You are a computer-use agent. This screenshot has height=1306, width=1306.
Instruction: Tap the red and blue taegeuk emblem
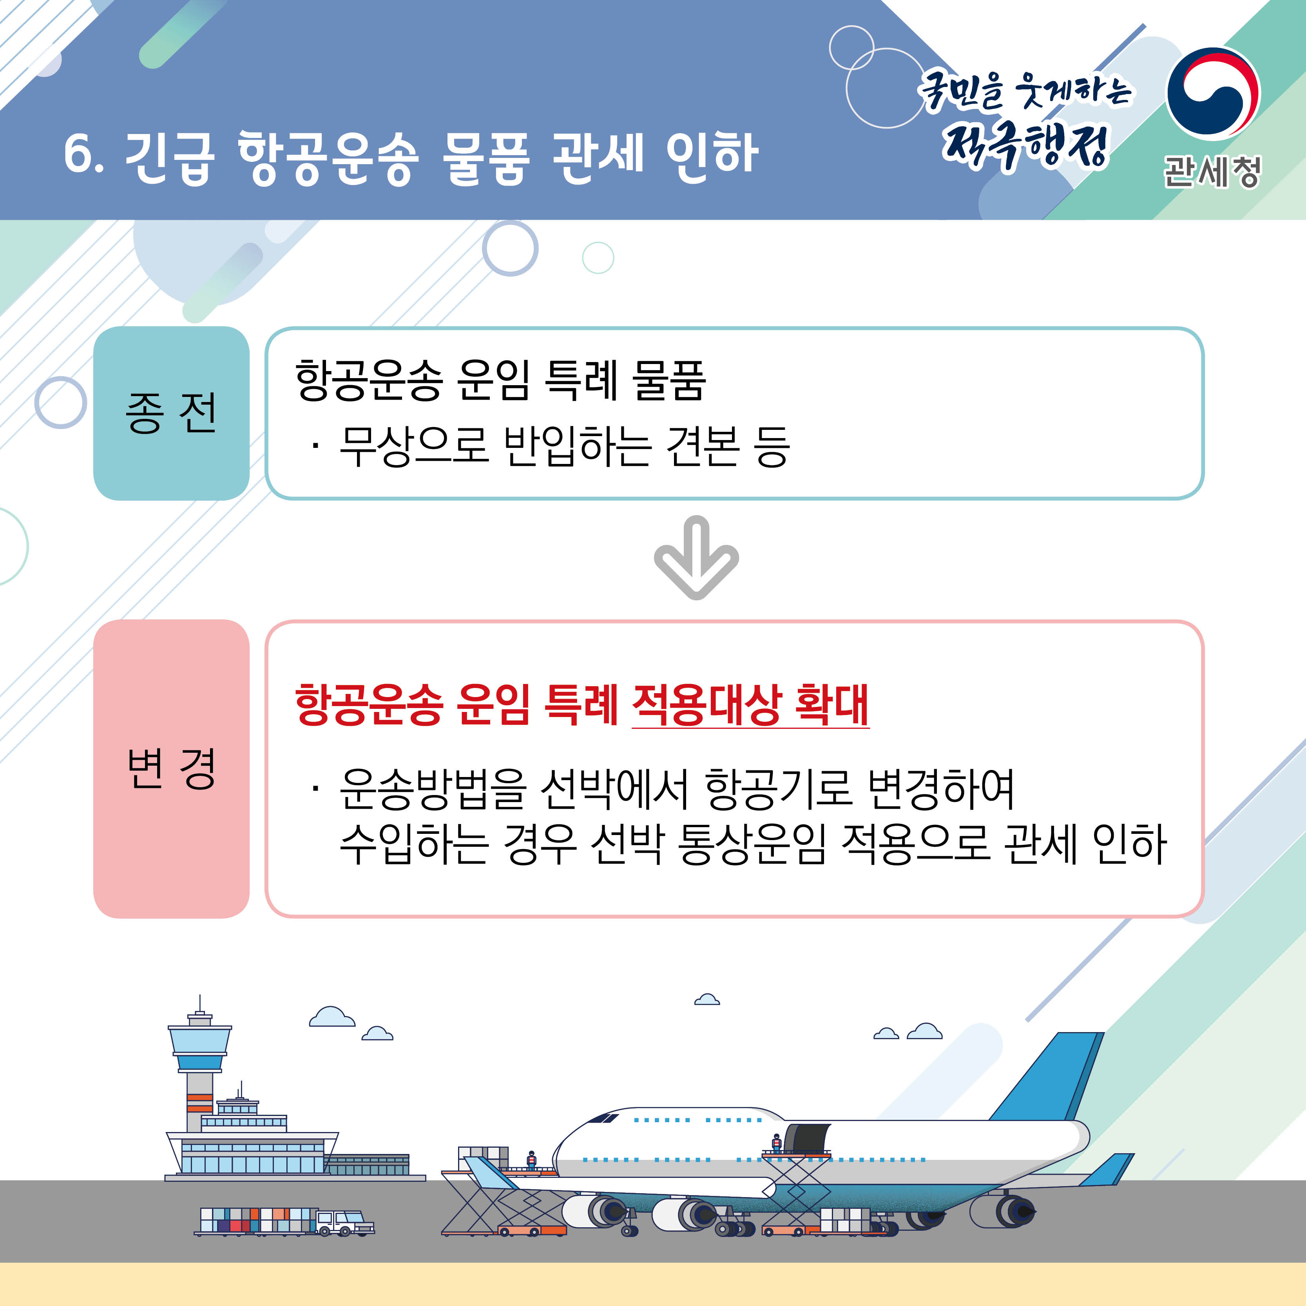coord(1214,93)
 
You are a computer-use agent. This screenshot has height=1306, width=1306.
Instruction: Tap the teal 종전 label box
coord(171,413)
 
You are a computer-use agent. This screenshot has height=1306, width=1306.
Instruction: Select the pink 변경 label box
coord(171,769)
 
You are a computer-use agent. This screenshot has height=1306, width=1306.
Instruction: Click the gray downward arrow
coord(696,557)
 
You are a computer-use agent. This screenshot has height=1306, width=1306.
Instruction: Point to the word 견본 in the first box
coord(702,447)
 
